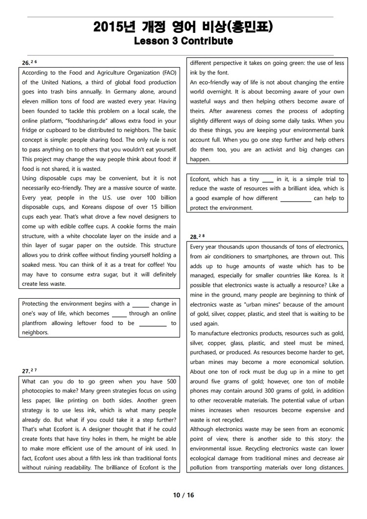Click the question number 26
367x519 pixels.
point(26,63)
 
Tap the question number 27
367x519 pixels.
point(26,371)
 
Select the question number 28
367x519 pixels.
point(194,237)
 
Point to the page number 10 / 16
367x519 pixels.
point(183,495)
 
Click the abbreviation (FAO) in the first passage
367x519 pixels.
point(166,73)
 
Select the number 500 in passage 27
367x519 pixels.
point(171,381)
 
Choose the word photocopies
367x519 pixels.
point(40,391)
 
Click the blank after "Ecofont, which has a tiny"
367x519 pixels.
point(268,179)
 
